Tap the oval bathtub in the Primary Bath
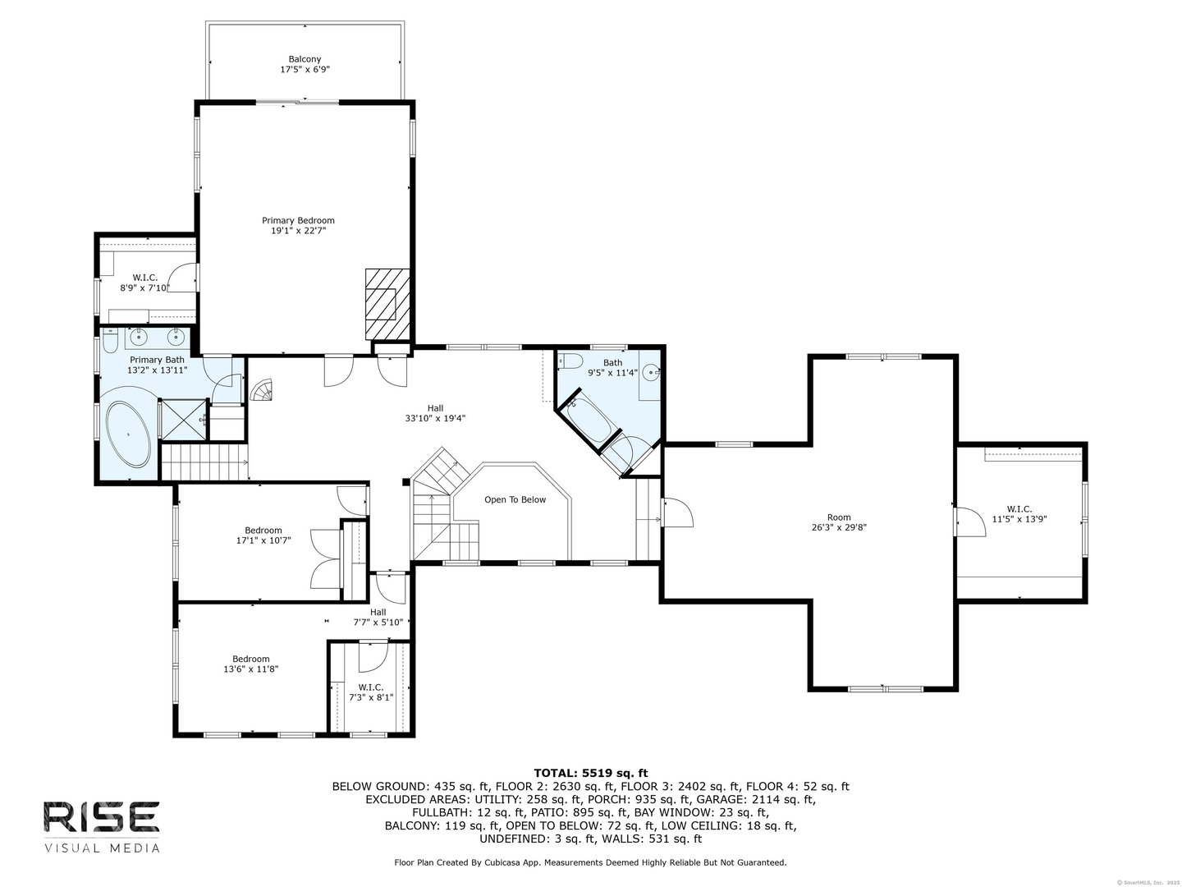click(129, 434)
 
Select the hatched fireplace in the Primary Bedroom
click(387, 304)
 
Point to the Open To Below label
click(515, 500)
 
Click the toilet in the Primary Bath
click(110, 341)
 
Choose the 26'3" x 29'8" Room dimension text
click(839, 527)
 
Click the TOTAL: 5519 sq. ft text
click(591, 774)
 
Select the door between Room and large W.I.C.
click(970, 522)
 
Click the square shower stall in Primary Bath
click(184, 420)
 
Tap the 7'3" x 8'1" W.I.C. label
click(370, 692)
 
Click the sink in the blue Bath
click(653, 371)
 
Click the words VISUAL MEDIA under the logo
click(102, 849)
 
